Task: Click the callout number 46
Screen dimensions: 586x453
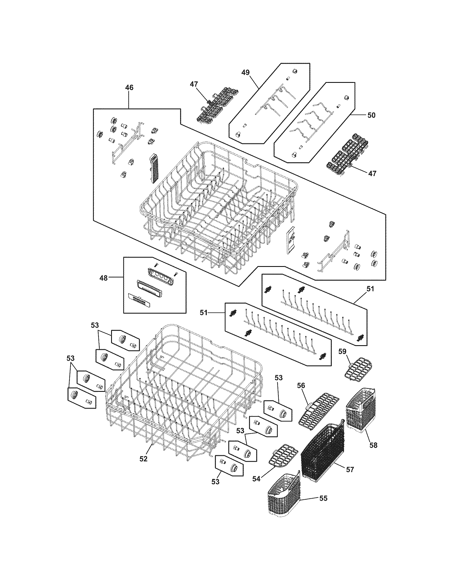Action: (129, 88)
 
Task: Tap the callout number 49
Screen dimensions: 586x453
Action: (245, 72)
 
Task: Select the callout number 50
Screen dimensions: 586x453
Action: (371, 115)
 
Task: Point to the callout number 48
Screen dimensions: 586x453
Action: (104, 278)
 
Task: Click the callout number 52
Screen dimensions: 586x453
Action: (143, 459)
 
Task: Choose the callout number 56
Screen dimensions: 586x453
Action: (301, 385)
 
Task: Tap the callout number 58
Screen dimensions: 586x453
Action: (373, 445)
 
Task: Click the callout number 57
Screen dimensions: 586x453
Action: (350, 470)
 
